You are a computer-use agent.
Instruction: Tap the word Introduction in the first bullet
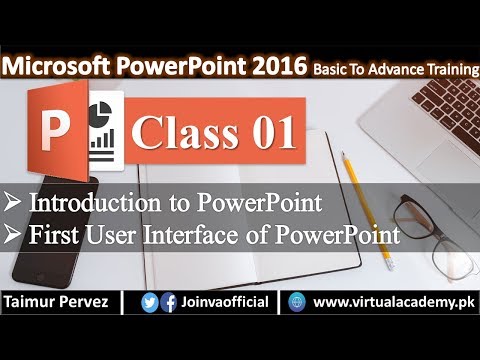tap(91, 203)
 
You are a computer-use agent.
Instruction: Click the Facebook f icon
tap(169, 301)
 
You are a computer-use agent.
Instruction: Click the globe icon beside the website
tap(296, 301)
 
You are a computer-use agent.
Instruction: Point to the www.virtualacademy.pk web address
tap(393, 300)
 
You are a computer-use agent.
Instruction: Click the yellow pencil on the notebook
tap(356, 181)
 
